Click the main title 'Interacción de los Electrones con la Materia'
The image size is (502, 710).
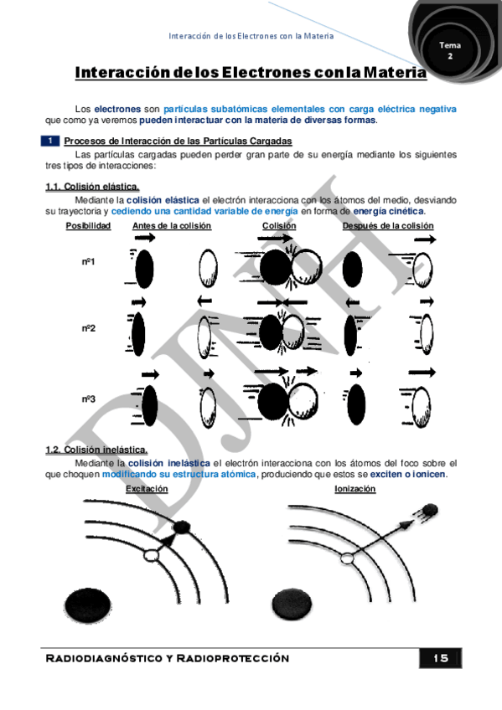(x=251, y=73)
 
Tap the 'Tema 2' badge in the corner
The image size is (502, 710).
(x=450, y=49)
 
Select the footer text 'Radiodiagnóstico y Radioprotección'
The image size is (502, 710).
(x=167, y=658)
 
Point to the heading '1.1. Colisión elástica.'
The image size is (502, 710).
(x=92, y=187)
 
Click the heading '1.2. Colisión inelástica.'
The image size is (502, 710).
(x=96, y=450)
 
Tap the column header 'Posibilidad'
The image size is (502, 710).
(x=88, y=226)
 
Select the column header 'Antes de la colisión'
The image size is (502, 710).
(x=172, y=226)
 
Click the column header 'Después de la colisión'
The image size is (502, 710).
(x=388, y=226)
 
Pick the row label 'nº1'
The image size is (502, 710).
(x=88, y=262)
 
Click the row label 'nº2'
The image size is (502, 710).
(x=88, y=328)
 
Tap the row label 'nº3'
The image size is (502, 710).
(x=88, y=399)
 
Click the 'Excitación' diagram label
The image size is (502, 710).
(x=147, y=489)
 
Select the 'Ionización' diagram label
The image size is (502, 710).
(x=355, y=489)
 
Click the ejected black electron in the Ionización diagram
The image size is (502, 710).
(x=429, y=510)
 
